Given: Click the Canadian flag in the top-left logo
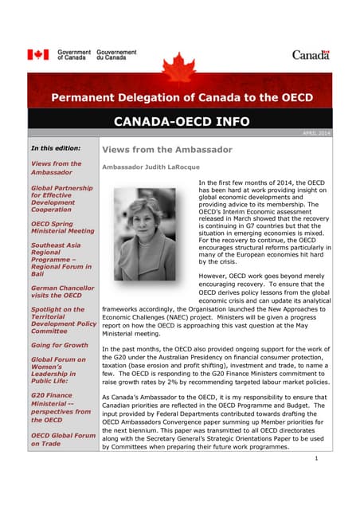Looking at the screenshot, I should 38,55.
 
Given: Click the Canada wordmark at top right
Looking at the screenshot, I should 310,55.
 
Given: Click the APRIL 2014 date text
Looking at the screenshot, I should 317,133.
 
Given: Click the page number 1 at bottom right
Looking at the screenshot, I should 316,460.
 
